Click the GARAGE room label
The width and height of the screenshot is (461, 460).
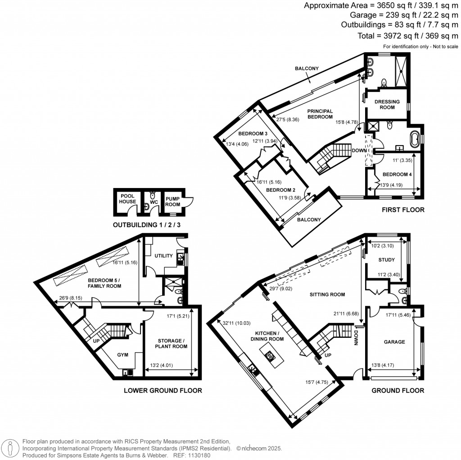point(394,342)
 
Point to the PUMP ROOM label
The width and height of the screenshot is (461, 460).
point(172,199)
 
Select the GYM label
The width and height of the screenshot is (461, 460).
point(123,355)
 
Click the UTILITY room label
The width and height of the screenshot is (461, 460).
point(163,256)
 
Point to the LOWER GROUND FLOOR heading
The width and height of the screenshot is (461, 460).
point(163,391)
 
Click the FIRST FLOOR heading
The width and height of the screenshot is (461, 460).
point(403,210)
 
